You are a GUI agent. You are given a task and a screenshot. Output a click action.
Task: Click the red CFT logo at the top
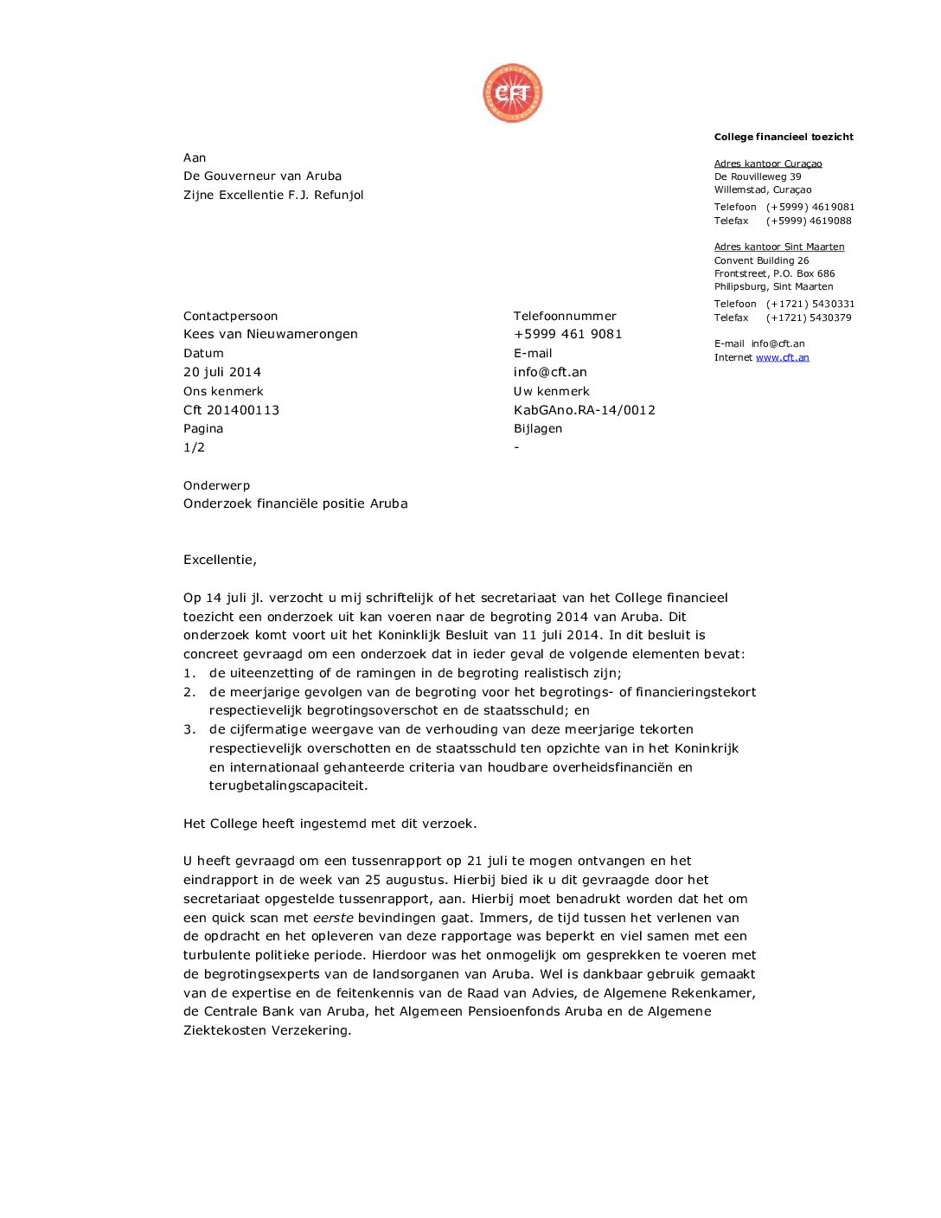click(x=513, y=93)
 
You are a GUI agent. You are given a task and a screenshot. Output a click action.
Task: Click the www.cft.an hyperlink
click(x=782, y=357)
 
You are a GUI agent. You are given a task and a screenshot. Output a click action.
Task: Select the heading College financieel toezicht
click(x=783, y=137)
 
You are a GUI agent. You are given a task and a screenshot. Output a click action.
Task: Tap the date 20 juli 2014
click(x=222, y=372)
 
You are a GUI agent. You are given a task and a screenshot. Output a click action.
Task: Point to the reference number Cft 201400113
click(x=231, y=410)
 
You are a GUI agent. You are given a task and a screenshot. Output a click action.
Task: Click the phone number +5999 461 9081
click(x=567, y=334)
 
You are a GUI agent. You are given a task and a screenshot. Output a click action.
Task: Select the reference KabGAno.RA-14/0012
click(x=584, y=410)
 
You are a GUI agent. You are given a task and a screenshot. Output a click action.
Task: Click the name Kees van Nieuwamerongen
click(x=270, y=334)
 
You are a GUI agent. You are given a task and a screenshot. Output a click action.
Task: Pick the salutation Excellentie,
click(x=220, y=560)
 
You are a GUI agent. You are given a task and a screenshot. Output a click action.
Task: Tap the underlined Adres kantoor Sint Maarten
click(x=778, y=247)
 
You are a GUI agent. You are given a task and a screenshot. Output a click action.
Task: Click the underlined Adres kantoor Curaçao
click(x=767, y=163)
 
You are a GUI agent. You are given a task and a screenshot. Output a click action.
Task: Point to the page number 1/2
click(x=194, y=447)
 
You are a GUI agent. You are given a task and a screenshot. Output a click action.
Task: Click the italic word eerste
click(x=333, y=918)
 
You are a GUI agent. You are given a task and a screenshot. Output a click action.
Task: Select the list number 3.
click(x=189, y=729)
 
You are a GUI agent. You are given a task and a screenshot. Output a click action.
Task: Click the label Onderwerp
click(x=216, y=485)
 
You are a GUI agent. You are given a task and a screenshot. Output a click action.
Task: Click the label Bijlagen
click(x=537, y=428)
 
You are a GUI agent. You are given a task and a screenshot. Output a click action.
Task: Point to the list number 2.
click(x=189, y=692)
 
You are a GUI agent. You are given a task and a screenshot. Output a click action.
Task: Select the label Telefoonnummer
click(x=565, y=316)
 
